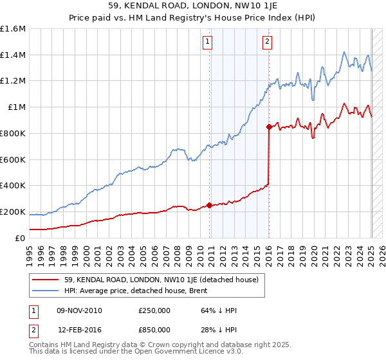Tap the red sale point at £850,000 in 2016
pyautogui.click(x=269, y=127)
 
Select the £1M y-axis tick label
pyautogui.click(x=17, y=107)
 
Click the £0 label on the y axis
pyautogui.click(x=21, y=238)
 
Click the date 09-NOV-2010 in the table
pyautogui.click(x=80, y=311)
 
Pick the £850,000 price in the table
pyautogui.click(x=154, y=330)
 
